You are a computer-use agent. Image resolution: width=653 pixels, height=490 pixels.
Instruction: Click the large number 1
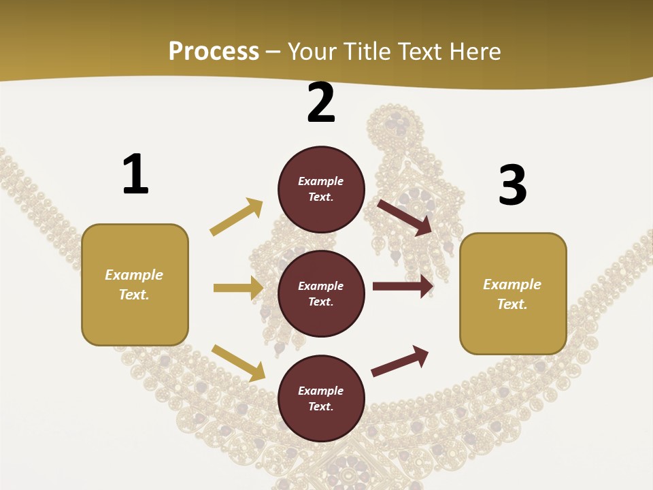pos(135,175)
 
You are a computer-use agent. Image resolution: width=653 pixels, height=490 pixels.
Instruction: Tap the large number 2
pos(321,103)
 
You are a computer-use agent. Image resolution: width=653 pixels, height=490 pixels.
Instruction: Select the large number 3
pos(512,185)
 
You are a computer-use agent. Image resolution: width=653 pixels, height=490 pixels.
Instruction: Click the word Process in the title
pos(214,51)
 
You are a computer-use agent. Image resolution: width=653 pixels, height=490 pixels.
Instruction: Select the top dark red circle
pos(321,189)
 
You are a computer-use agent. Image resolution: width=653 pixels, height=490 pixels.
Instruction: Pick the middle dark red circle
pos(321,294)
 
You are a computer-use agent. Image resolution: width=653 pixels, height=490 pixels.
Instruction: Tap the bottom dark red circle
pos(321,399)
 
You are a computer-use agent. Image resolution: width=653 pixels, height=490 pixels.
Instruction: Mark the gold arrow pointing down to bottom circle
pos(238,362)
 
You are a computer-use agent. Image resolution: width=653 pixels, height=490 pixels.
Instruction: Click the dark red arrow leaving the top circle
pos(405,217)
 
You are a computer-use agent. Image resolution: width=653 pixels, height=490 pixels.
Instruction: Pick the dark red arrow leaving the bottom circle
pos(400,361)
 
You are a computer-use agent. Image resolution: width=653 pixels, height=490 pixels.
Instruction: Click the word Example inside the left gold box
pos(134,275)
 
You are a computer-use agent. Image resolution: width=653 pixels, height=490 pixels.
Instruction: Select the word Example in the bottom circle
pos(320,391)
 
